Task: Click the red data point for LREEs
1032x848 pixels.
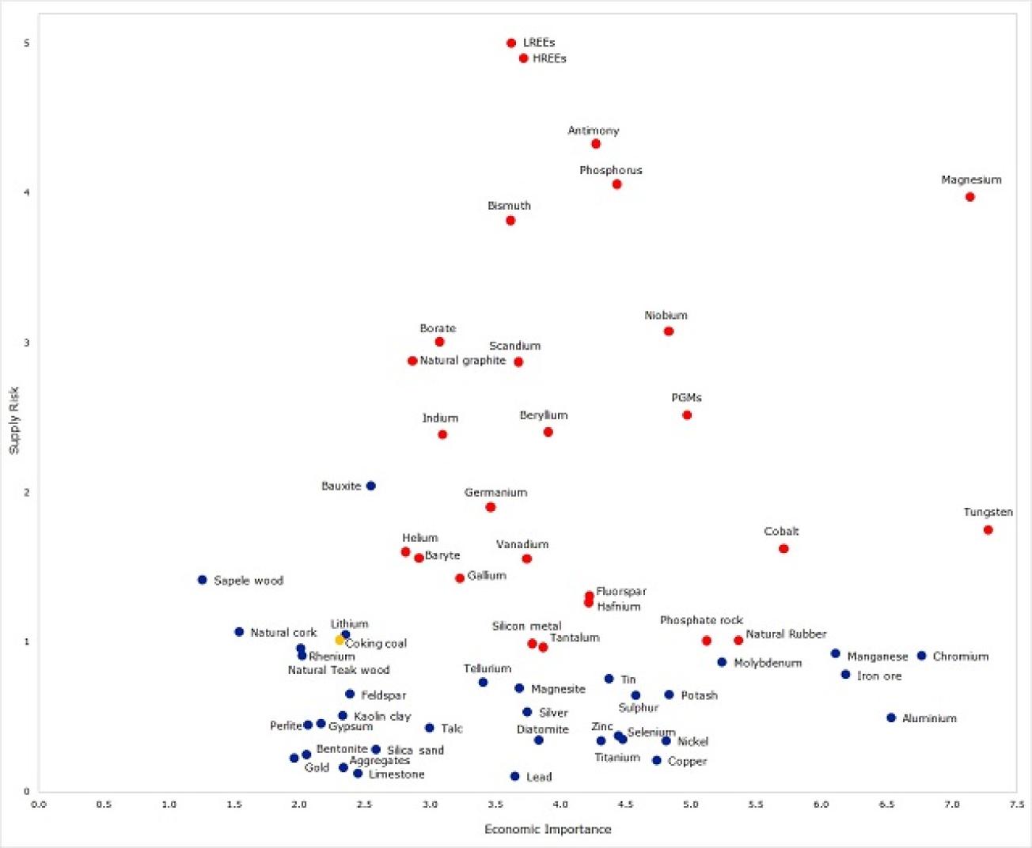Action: pyautogui.click(x=511, y=44)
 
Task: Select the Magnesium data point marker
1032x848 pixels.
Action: pyautogui.click(x=969, y=197)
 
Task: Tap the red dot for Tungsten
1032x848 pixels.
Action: pyautogui.click(x=988, y=530)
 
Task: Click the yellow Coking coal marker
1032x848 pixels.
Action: pyautogui.click(x=340, y=640)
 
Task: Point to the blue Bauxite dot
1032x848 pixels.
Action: pyautogui.click(x=370, y=486)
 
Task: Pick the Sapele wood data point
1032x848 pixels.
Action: pyautogui.click(x=202, y=580)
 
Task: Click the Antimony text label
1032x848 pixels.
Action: pyautogui.click(x=593, y=131)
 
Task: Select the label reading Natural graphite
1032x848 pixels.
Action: pyautogui.click(x=462, y=361)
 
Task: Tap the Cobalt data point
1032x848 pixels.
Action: pyautogui.click(x=783, y=549)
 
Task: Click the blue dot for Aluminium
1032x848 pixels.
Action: pyautogui.click(x=891, y=718)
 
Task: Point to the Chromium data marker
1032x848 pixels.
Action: pyautogui.click(x=921, y=656)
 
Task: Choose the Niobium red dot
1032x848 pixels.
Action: pyautogui.click(x=669, y=331)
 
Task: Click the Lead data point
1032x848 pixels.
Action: pyautogui.click(x=514, y=777)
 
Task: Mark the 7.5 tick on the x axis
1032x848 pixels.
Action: pyautogui.click(x=1017, y=804)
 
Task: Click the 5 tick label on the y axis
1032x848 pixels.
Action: pyautogui.click(x=27, y=43)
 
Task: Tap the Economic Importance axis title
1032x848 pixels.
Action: pyautogui.click(x=548, y=829)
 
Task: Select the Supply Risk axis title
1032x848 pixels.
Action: pyautogui.click(x=13, y=420)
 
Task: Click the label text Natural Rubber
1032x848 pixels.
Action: pyautogui.click(x=786, y=634)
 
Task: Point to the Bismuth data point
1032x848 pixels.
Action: pyautogui.click(x=510, y=221)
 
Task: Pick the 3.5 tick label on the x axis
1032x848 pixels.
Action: pyautogui.click(x=495, y=804)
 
